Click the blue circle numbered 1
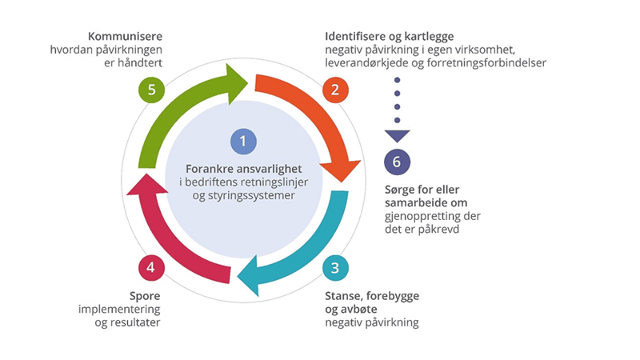pos(242,142)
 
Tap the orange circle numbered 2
pos(335,89)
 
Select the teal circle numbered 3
pos(335,266)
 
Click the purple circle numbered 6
pos(396,162)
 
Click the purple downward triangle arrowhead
pos(396,135)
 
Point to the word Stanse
pos(345,296)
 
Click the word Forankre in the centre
pos(210,169)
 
